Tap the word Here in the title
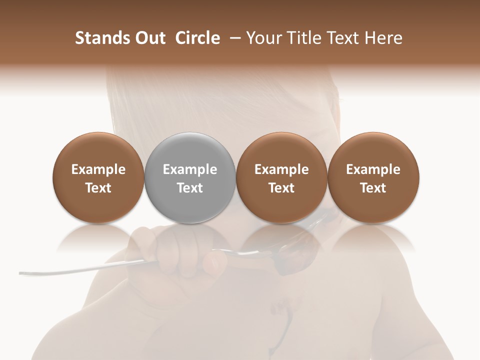384,38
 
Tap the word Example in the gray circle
190,169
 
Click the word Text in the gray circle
190,188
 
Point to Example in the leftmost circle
98,169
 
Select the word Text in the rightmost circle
373,188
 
